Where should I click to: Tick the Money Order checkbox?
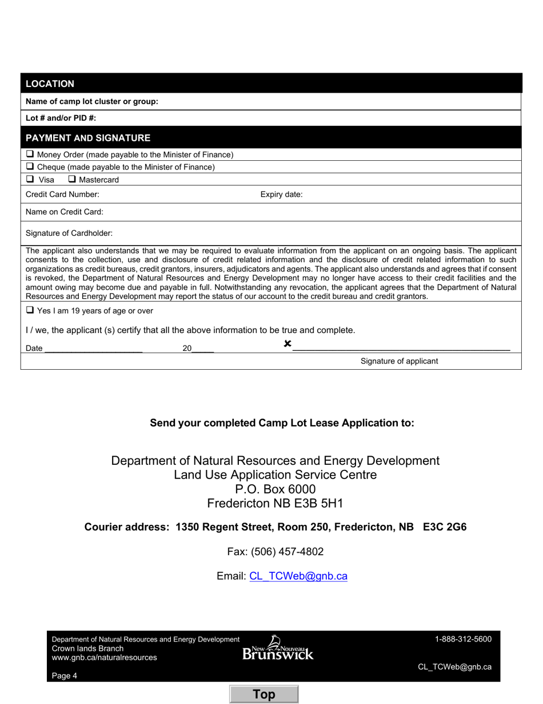(x=30, y=155)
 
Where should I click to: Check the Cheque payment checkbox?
(x=30, y=167)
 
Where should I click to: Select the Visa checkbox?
(x=30, y=179)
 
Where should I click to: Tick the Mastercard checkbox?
(x=72, y=179)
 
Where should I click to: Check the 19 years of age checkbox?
(x=30, y=310)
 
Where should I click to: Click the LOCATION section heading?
(x=50, y=84)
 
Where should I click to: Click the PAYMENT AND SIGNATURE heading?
(x=88, y=138)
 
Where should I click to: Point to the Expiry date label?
(x=281, y=195)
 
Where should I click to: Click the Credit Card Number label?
(x=62, y=195)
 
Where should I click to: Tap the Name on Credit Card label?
(x=65, y=212)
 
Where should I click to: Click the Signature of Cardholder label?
(x=69, y=233)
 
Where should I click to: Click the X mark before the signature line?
(x=288, y=344)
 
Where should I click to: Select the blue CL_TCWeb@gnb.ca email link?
(x=298, y=576)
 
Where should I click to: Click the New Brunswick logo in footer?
(x=278, y=648)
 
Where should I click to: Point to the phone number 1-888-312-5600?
(x=463, y=639)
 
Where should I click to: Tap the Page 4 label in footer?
(x=65, y=675)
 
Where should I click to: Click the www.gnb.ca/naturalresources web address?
(x=104, y=658)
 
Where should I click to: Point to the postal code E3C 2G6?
(x=445, y=527)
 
